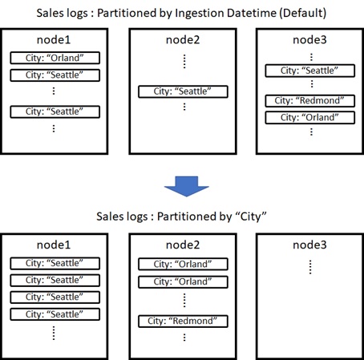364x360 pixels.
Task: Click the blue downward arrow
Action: click(x=186, y=186)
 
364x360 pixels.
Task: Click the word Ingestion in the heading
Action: click(x=196, y=13)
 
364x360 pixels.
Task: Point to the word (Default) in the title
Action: click(x=303, y=13)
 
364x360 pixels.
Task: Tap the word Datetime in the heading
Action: click(x=249, y=13)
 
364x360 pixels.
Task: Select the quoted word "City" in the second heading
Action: click(x=250, y=216)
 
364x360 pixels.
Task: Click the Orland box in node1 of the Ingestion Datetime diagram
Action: click(x=55, y=58)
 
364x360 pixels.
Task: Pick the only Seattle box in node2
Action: click(x=183, y=91)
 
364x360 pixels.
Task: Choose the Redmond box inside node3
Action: click(x=310, y=101)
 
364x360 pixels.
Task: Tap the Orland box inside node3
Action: click(x=310, y=118)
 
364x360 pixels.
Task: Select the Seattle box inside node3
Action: click(x=310, y=71)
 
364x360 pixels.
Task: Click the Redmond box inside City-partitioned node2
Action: click(x=183, y=322)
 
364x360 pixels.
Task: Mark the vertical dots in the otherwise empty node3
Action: click(x=310, y=267)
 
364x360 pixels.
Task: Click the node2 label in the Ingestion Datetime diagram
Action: click(x=183, y=40)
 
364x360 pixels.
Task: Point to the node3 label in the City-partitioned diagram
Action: click(x=309, y=245)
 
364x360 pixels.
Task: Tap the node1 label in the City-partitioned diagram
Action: click(x=54, y=245)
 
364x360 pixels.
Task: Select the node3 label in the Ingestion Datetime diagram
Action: click(x=309, y=40)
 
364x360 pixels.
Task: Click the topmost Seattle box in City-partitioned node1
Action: click(x=55, y=264)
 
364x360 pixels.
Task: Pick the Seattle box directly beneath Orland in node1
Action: click(x=55, y=75)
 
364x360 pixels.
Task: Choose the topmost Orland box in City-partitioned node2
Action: click(x=183, y=265)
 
